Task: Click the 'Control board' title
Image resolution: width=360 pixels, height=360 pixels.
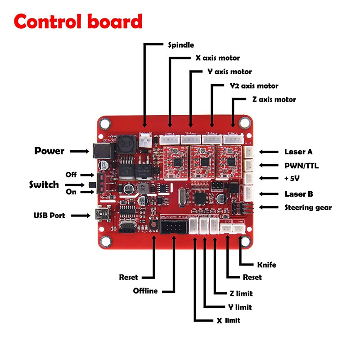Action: pos(78,22)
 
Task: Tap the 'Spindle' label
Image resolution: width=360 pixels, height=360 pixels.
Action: pos(181,45)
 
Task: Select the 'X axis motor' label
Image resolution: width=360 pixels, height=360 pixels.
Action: pos(217,58)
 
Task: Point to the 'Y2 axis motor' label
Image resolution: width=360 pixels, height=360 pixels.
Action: pos(254,86)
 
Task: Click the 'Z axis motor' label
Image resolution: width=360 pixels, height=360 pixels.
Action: pos(274,99)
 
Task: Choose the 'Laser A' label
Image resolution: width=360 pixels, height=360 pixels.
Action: pos(298,152)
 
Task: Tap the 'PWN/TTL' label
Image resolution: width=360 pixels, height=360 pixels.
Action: pos(301,166)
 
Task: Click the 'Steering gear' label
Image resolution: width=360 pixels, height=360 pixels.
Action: pos(308,207)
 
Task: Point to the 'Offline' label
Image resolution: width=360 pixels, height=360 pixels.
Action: pos(145,291)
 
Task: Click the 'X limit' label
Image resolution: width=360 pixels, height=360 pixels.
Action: pos(228,320)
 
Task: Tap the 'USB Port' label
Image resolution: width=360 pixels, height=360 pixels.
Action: pos(49,216)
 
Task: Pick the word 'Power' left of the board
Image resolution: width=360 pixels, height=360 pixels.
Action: pos(49,151)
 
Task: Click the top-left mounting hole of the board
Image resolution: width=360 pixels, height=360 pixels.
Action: pos(106,122)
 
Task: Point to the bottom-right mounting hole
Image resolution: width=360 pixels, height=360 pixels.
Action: pos(245,242)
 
